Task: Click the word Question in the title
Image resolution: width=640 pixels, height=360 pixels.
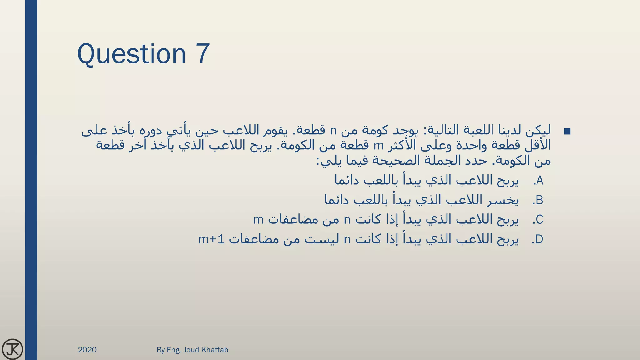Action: point(132,54)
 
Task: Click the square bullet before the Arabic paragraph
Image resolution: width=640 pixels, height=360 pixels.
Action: point(567,132)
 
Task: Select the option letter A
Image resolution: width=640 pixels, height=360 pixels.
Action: point(540,181)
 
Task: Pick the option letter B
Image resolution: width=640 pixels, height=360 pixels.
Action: point(539,200)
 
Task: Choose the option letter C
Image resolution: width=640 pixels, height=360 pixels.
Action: point(539,220)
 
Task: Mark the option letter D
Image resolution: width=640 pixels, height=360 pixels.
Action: point(539,240)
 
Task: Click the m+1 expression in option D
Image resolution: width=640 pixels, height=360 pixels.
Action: point(212,240)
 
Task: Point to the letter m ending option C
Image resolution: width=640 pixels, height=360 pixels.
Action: point(258,220)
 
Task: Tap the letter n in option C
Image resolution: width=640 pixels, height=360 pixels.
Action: point(347,220)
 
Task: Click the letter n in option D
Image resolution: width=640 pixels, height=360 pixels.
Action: point(347,240)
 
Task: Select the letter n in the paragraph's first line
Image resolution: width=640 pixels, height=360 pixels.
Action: point(333,131)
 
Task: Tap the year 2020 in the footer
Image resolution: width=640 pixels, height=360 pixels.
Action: point(87,350)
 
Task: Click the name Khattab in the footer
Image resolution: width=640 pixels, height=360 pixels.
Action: point(215,350)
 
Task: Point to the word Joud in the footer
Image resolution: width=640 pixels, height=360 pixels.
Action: point(191,350)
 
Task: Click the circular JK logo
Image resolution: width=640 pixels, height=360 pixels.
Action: point(12,349)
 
